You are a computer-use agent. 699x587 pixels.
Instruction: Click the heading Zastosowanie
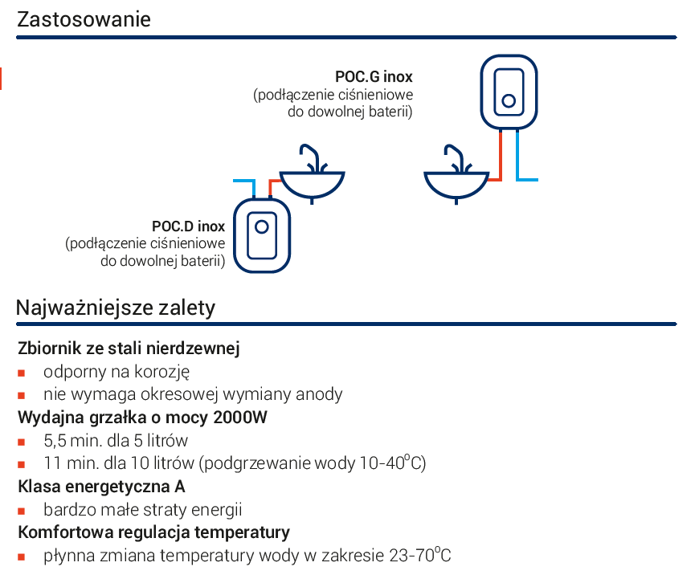pyautogui.click(x=84, y=19)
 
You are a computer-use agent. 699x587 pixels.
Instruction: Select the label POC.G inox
pyautogui.click(x=374, y=76)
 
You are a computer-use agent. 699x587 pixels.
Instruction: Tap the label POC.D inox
pyautogui.click(x=188, y=226)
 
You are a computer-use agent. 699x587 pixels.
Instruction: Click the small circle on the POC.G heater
pyautogui.click(x=509, y=100)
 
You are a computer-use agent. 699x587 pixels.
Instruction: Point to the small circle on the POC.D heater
pyautogui.click(x=262, y=227)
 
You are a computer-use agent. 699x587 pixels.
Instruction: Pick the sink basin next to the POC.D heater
pyautogui.click(x=312, y=184)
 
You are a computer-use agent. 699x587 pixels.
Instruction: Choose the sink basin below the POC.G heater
pyautogui.click(x=456, y=184)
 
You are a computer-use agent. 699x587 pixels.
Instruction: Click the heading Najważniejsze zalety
pyautogui.click(x=116, y=308)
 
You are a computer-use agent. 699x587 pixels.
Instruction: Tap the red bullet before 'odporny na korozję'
pyautogui.click(x=21, y=373)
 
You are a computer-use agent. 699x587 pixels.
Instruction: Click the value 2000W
pyautogui.click(x=240, y=418)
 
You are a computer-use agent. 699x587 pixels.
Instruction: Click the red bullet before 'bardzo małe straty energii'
pyautogui.click(x=21, y=511)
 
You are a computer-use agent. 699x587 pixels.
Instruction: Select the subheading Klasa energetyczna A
pyautogui.click(x=102, y=487)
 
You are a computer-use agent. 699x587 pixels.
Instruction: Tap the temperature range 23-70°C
pyautogui.click(x=420, y=556)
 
